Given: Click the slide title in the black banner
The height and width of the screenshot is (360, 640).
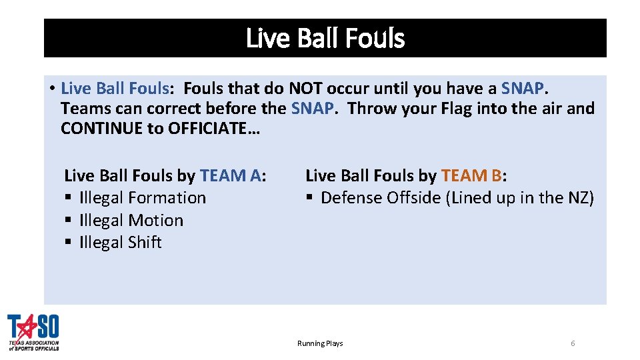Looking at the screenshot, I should click(325, 39).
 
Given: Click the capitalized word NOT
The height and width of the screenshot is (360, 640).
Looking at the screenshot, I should click(305, 88).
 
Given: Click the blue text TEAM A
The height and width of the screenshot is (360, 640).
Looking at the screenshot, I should click(230, 175).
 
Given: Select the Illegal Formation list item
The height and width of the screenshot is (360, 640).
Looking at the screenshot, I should click(143, 198).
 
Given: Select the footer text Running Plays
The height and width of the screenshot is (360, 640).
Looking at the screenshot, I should click(320, 343).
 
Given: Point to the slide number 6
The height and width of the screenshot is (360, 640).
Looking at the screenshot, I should click(573, 343).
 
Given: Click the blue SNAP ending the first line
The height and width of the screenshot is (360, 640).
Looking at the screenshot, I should click(523, 88).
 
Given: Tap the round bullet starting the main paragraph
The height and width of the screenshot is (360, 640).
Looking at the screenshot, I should click(51, 89).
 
